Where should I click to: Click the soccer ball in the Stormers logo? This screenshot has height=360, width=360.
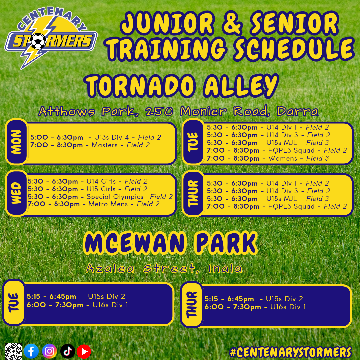pyautogui.click(x=38, y=41)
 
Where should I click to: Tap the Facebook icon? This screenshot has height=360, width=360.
pyautogui.click(x=31, y=351)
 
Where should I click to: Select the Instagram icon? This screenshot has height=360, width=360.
pyautogui.click(x=49, y=351)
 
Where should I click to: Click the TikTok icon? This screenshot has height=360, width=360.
pyautogui.click(x=67, y=351)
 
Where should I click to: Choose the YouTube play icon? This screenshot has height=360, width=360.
pyautogui.click(x=84, y=351)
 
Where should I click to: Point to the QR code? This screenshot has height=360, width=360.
pyautogui.click(x=14, y=351)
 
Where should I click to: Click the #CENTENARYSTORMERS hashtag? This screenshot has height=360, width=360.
pyautogui.click(x=290, y=352)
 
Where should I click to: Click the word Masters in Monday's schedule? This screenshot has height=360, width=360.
pyautogui.click(x=104, y=145)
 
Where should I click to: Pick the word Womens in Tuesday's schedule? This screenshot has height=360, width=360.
pyautogui.click(x=283, y=158)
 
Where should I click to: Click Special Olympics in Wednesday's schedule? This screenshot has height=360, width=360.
pyautogui.click(x=115, y=197)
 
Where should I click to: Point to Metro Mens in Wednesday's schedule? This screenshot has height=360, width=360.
pyautogui.click(x=108, y=204)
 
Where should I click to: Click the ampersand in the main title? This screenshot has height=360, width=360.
pyautogui.click(x=232, y=23)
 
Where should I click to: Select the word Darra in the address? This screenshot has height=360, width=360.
pyautogui.click(x=298, y=111)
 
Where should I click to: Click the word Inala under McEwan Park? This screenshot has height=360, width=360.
pyautogui.click(x=225, y=269)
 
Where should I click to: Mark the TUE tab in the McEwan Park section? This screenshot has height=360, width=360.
pyautogui.click(x=14, y=302)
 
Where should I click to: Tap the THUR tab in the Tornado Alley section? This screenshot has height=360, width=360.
pyautogui.click(x=193, y=194)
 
